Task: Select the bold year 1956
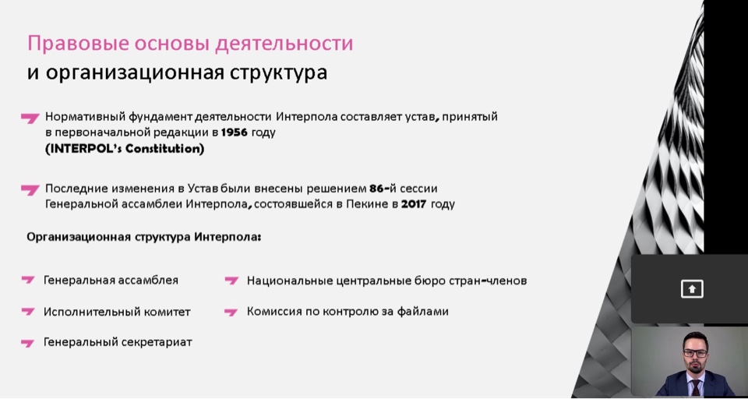pos(235,132)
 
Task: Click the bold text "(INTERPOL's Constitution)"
pos(125,149)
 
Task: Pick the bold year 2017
pos(414,204)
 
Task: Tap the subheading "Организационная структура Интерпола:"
pos(144,237)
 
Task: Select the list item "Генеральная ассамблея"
pos(111,281)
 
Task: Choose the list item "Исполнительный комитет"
pos(117,312)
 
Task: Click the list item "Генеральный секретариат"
pos(118,342)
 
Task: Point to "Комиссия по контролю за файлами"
pos(348,312)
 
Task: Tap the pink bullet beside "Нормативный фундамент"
pos(30,118)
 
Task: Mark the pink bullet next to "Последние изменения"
pos(30,189)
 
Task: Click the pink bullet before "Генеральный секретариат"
pos(28,343)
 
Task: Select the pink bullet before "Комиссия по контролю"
pos(231,312)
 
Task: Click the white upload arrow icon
pos(692,289)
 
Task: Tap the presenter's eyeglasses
pos(695,353)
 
